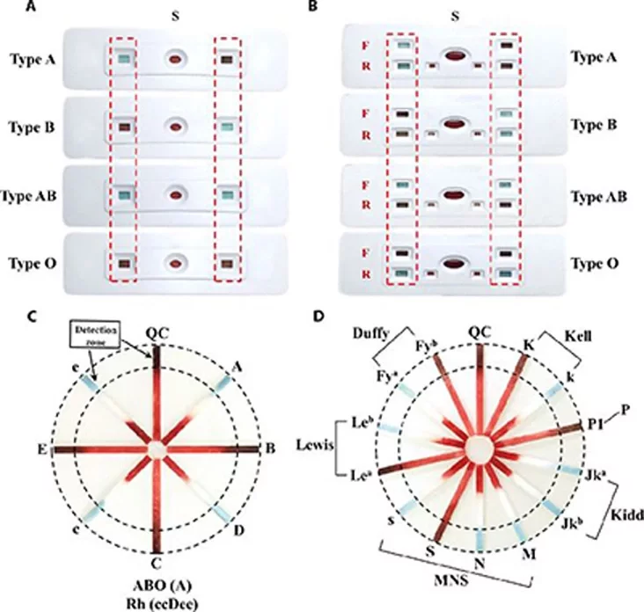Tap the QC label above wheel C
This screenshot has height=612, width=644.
(157, 333)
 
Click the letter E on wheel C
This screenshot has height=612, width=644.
(41, 448)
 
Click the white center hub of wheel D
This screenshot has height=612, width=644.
(480, 447)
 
